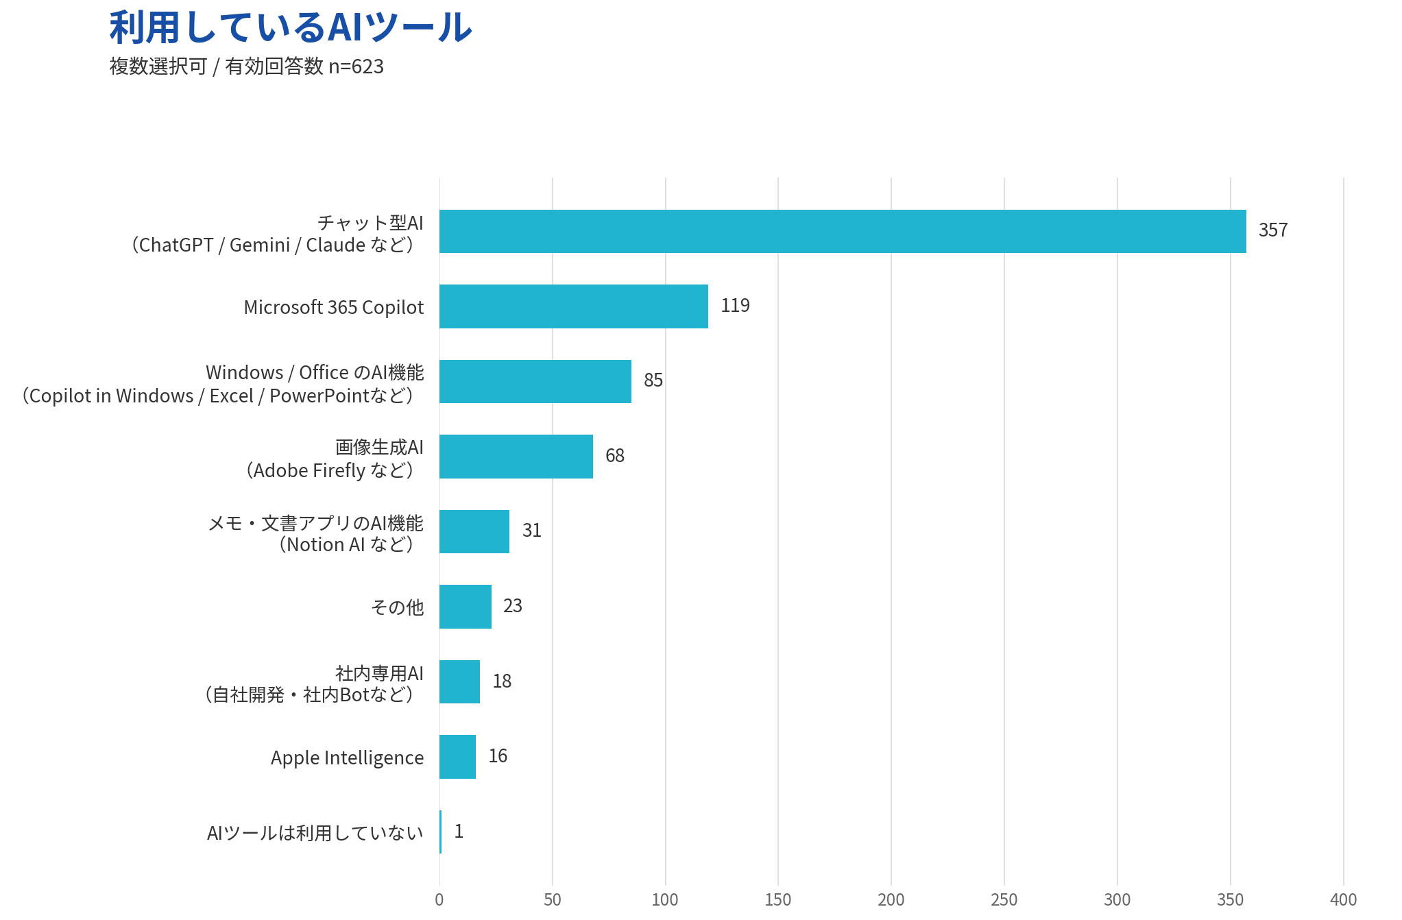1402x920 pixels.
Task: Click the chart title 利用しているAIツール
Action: click(291, 27)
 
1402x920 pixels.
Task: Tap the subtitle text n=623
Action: click(356, 66)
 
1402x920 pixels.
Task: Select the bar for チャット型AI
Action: click(843, 231)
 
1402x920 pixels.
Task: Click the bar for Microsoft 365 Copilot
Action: click(573, 306)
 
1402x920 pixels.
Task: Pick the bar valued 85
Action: click(535, 381)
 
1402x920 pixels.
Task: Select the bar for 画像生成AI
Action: click(516, 457)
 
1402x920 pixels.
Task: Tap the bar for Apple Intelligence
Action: click(457, 757)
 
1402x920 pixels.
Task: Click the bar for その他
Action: click(465, 607)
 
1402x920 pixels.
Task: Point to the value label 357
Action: click(1272, 230)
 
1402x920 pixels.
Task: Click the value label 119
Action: click(735, 306)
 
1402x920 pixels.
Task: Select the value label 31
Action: click(531, 531)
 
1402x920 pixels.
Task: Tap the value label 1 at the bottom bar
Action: click(459, 832)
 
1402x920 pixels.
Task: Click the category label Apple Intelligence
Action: click(347, 758)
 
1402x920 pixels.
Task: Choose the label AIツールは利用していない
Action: click(315, 833)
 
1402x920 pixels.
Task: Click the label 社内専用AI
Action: click(379, 673)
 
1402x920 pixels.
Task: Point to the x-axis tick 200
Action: click(891, 899)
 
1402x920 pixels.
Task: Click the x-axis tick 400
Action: click(1342, 899)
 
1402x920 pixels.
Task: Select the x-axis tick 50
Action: click(552, 899)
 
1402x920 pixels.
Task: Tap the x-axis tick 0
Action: click(439, 899)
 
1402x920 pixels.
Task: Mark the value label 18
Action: click(502, 681)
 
